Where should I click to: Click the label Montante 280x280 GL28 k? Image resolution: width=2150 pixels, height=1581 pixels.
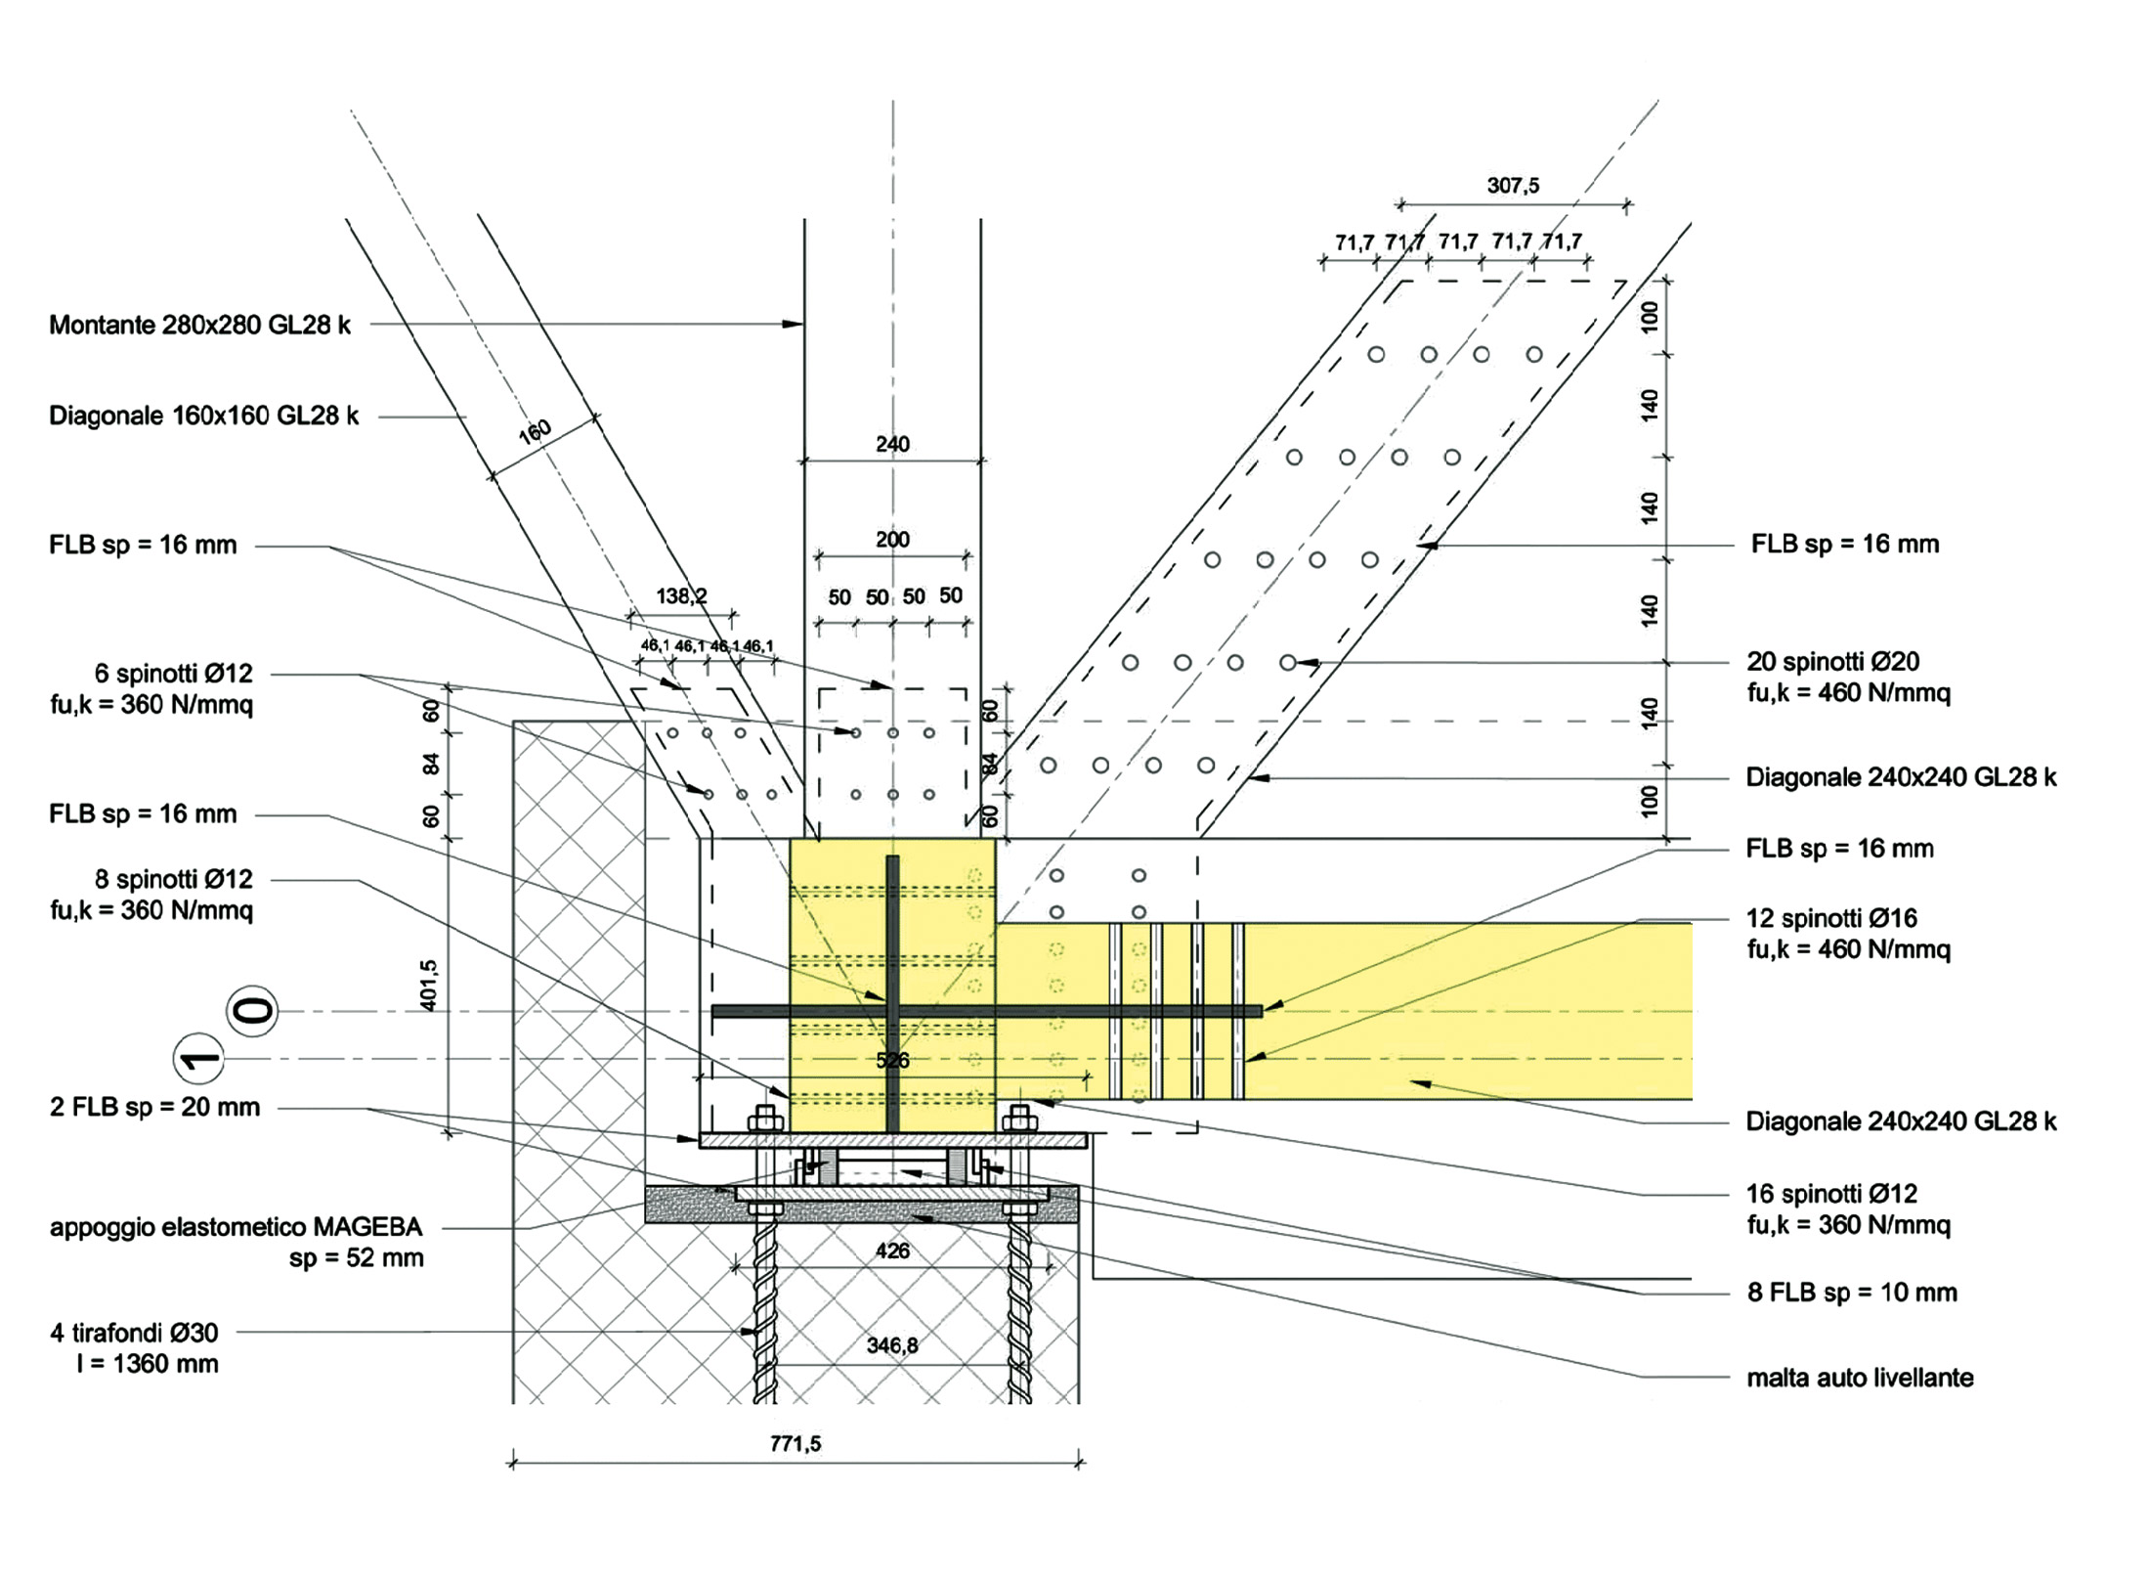pos(199,325)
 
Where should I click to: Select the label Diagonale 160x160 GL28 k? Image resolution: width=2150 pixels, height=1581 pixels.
pos(203,416)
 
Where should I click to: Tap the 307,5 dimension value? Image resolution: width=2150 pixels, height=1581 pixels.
pos(1513,185)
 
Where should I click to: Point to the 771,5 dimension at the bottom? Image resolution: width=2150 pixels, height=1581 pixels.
pos(795,1443)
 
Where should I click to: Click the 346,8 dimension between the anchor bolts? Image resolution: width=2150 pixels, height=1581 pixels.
pos(892,1345)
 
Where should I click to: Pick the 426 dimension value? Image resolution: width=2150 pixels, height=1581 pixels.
pos(892,1250)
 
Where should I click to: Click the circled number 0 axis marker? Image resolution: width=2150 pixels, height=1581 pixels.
pos(253,1010)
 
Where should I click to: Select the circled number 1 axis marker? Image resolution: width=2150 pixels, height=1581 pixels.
pos(198,1060)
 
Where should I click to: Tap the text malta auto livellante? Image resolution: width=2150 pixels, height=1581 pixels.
pos(1860,1378)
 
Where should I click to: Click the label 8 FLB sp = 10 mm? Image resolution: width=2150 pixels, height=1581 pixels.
pos(1852,1292)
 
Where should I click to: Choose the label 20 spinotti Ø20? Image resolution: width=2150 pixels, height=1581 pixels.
pos(1832,662)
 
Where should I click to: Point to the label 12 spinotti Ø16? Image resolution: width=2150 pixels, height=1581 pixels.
pos(1831,918)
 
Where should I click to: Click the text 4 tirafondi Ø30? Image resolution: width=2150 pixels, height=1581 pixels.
pos(134,1332)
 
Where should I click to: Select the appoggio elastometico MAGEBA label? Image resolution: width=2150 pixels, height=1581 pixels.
pos(236,1226)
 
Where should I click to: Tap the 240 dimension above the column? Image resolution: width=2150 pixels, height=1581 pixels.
pos(892,444)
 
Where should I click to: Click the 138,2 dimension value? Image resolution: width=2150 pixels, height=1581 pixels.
pos(681,595)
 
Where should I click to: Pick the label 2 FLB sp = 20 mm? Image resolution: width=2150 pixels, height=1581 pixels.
pos(154,1107)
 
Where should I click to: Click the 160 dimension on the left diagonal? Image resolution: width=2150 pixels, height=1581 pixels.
pos(535,431)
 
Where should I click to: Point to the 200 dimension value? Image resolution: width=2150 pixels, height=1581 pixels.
pos(892,539)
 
